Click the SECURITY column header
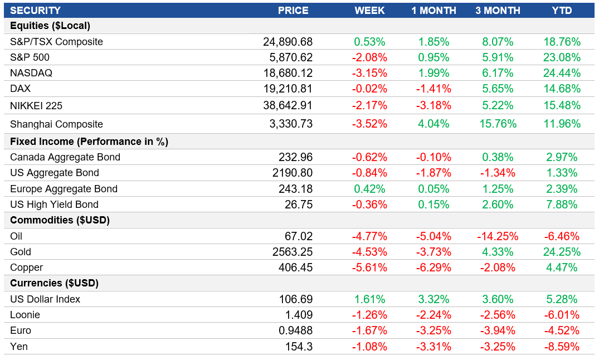35,11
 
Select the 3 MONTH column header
498,11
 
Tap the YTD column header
562,11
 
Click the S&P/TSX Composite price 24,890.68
288,42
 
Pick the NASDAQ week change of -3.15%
369,73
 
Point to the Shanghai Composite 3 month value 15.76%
498,124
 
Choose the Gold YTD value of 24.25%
562,252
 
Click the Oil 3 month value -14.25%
495,236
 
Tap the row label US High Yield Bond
54,205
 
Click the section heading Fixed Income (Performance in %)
89,142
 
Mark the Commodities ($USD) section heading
60,220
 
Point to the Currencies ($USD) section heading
54,283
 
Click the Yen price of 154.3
300,347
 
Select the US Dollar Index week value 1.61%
369,299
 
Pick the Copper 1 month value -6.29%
434,267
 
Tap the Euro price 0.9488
295,330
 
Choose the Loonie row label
25,315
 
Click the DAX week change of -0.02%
369,89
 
